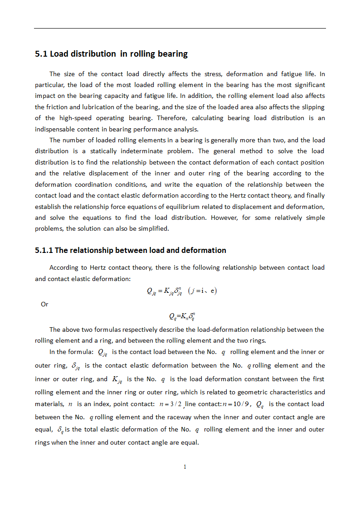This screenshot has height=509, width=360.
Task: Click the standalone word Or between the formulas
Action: [x=44, y=304]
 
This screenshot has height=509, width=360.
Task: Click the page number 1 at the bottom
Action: [x=185, y=467]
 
